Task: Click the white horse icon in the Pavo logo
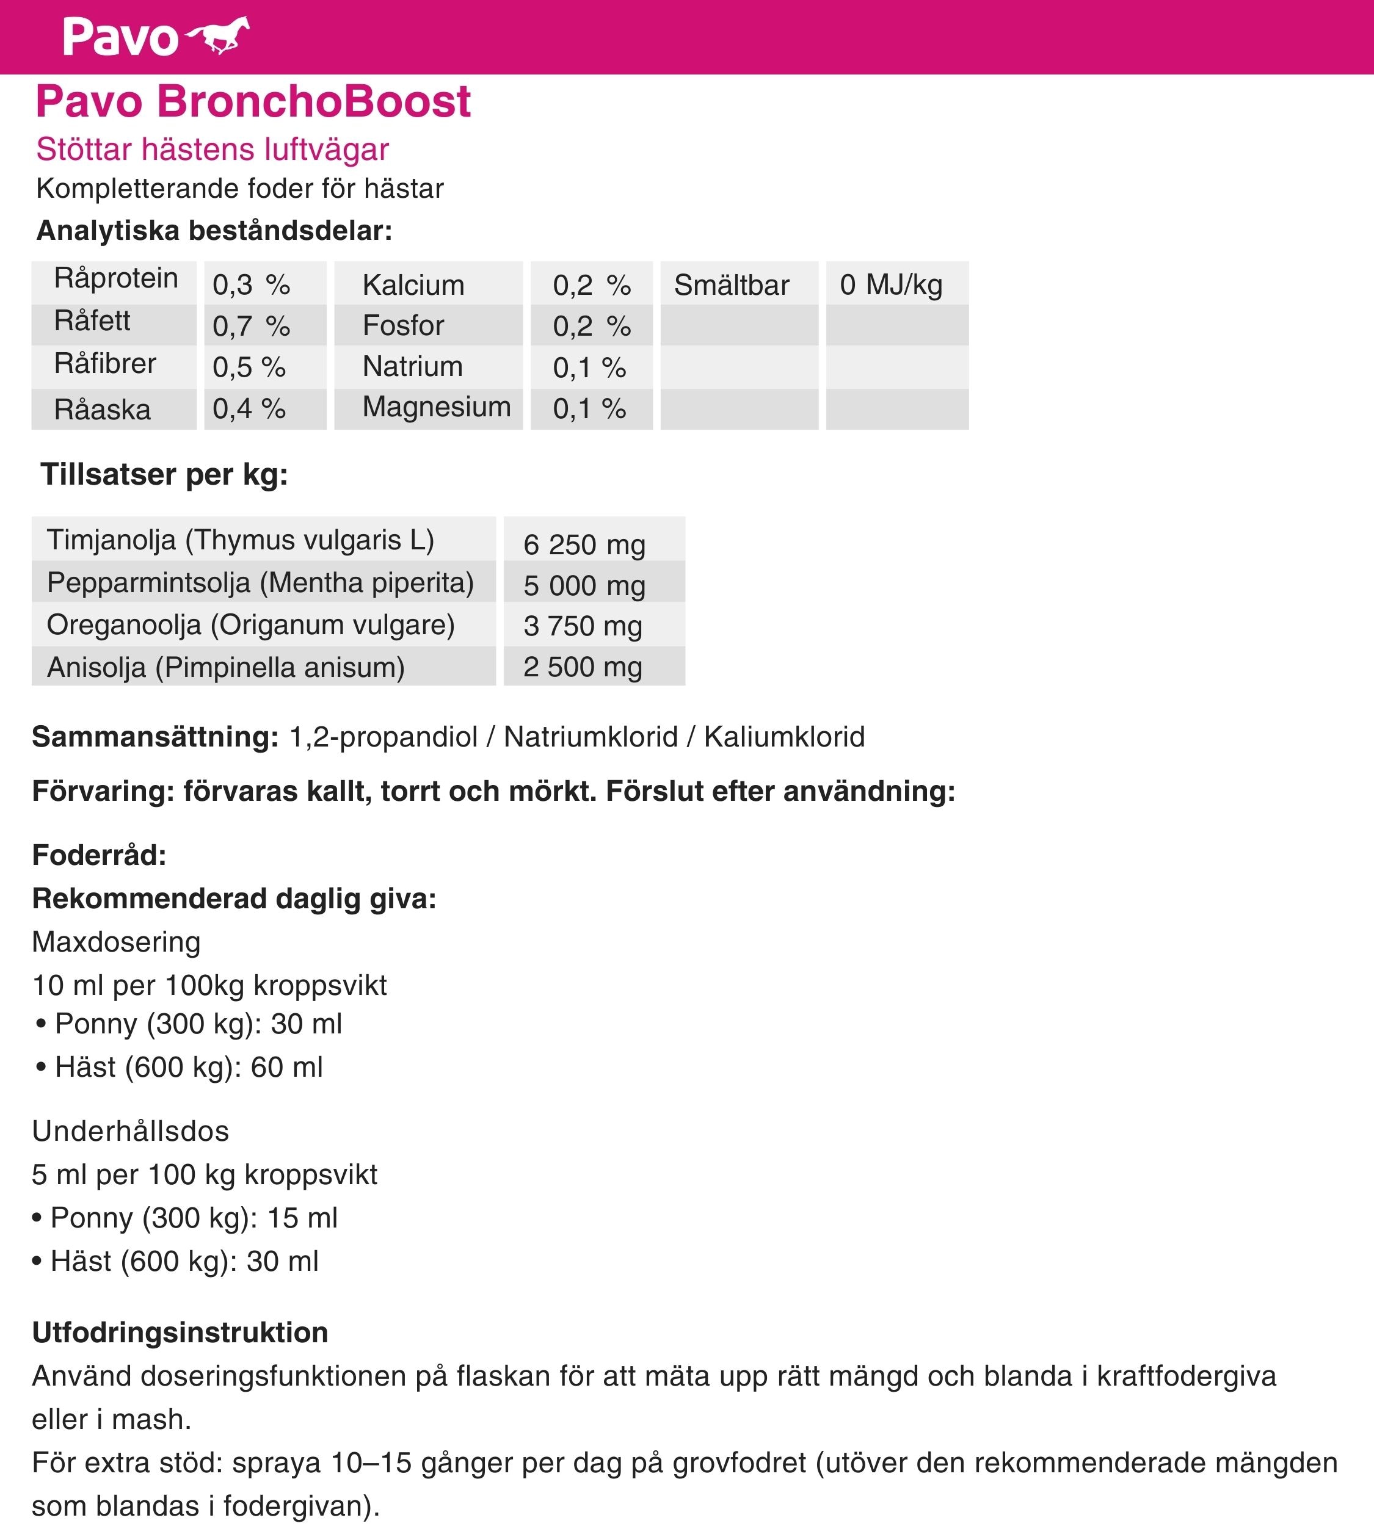click(218, 35)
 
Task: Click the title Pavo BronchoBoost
click(253, 101)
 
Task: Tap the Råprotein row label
click(115, 278)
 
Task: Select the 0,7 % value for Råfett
click(250, 326)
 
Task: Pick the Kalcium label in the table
click(413, 285)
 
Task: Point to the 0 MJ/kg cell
click(891, 284)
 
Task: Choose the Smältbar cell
click(731, 285)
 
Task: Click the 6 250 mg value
click(584, 544)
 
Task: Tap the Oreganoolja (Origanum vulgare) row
click(250, 625)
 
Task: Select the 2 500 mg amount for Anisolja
click(583, 667)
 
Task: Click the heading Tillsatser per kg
click(164, 475)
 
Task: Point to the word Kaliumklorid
click(784, 737)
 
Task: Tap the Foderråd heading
click(99, 855)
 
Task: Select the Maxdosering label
click(116, 942)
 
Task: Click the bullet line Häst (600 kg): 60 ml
click(189, 1067)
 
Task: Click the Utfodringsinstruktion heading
click(180, 1333)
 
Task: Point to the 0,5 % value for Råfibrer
click(249, 367)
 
